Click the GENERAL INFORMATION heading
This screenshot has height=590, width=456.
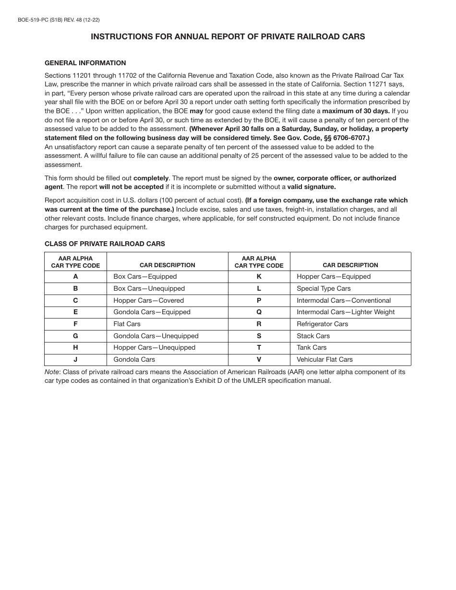click(x=85, y=63)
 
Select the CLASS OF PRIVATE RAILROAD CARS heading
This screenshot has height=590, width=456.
click(x=105, y=244)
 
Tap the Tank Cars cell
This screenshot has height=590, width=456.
click(x=312, y=347)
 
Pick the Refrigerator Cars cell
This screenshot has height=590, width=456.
click(x=322, y=324)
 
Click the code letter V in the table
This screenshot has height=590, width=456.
click(x=259, y=359)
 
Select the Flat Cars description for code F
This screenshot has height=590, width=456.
click(x=127, y=324)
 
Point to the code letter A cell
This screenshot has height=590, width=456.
click(x=75, y=276)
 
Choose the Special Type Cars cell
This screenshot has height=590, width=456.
click(x=324, y=288)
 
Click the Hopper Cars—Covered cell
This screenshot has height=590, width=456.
click(x=148, y=300)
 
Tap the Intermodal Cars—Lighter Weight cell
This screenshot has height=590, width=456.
click(x=346, y=312)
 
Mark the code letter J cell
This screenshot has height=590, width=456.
click(x=75, y=359)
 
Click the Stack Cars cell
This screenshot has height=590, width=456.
click(x=313, y=336)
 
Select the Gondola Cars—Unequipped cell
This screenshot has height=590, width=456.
click(x=156, y=336)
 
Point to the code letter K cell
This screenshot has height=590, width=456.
click(x=259, y=276)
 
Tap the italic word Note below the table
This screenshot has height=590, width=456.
click(x=52, y=372)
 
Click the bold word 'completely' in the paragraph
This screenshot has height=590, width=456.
click(x=151, y=178)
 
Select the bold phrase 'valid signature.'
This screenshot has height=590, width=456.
click(x=312, y=187)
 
